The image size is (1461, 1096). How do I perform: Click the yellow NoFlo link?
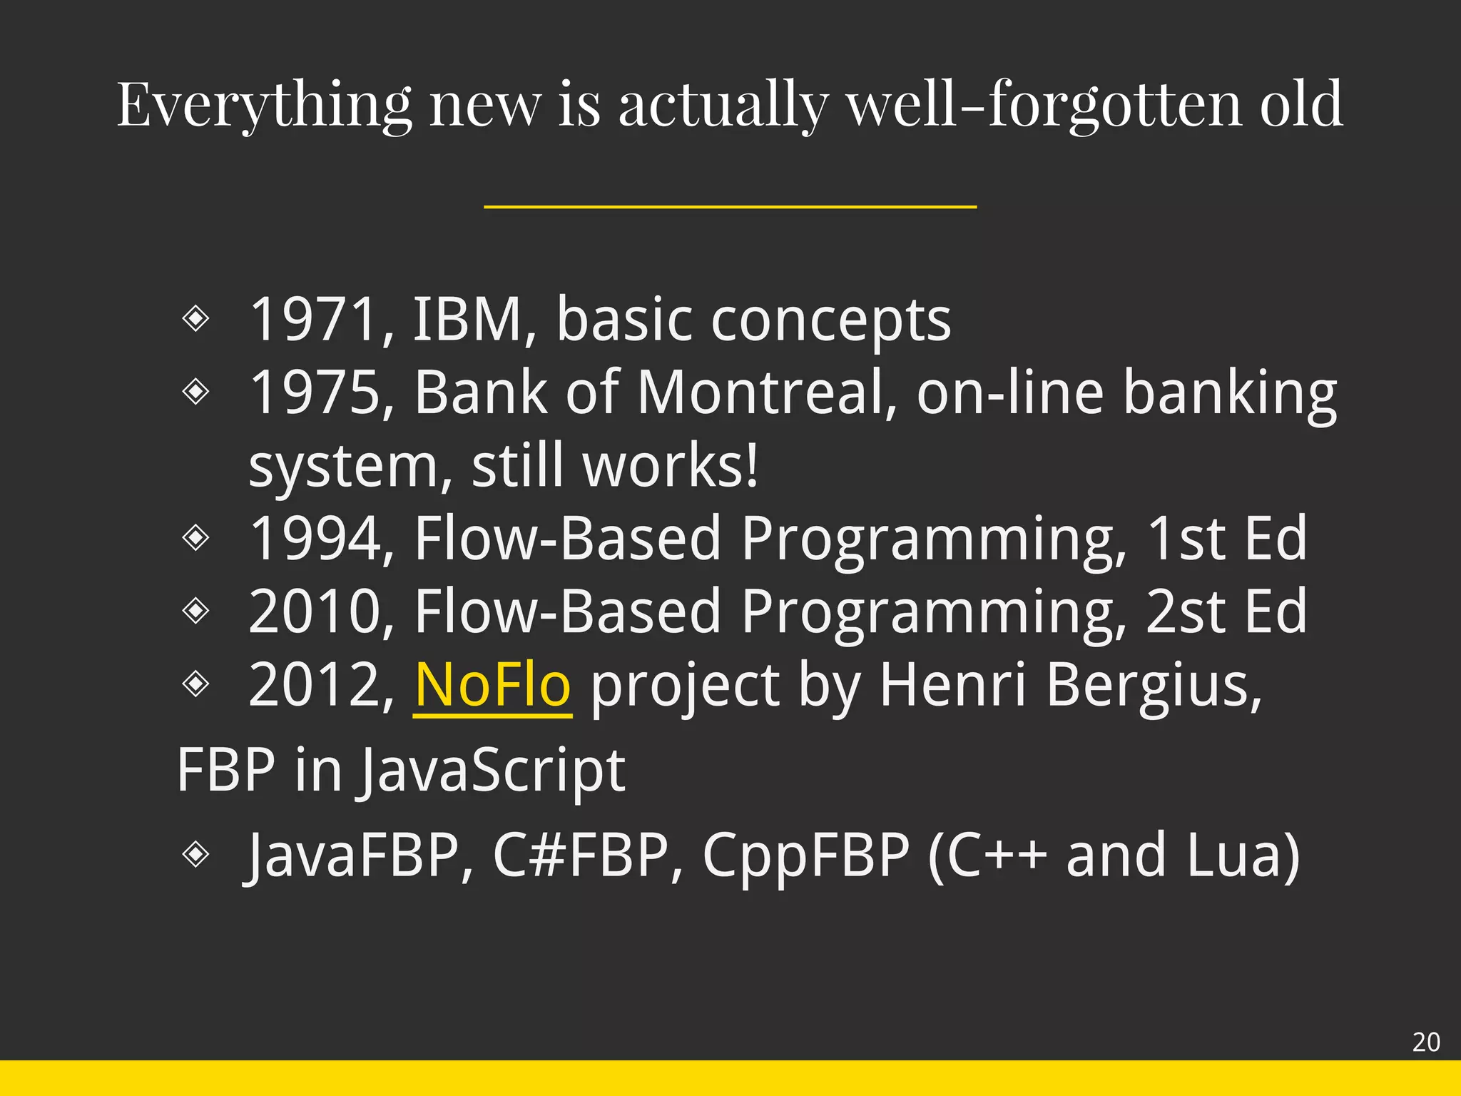(x=492, y=685)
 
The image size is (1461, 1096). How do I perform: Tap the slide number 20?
(x=1426, y=1042)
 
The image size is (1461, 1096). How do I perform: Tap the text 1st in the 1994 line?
(x=1186, y=539)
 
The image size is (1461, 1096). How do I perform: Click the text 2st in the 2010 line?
(x=1186, y=612)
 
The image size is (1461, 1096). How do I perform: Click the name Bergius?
(x=1154, y=685)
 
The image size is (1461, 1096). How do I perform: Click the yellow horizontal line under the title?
(x=730, y=207)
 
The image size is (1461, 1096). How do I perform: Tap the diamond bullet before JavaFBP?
(x=195, y=853)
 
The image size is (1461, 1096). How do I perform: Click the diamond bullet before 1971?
(x=195, y=318)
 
